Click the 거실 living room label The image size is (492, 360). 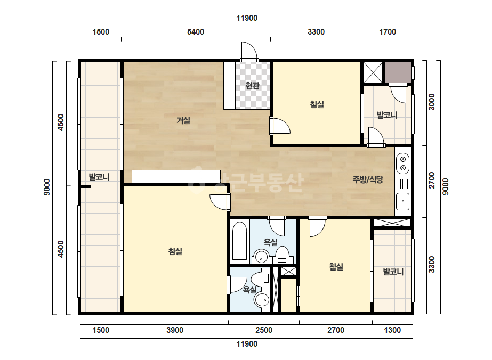click(183, 120)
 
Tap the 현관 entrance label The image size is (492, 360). click(252, 85)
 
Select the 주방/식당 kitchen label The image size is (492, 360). click(368, 179)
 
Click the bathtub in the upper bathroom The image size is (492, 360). click(240, 241)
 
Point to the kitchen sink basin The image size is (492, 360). click(403, 201)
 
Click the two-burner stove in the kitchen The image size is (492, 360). click(403, 163)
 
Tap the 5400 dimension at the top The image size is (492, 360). click(196, 31)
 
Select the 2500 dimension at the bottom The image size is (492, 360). click(264, 330)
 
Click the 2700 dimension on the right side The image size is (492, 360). click(432, 180)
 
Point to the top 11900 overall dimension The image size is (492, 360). click(247, 18)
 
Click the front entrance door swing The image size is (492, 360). click(249, 50)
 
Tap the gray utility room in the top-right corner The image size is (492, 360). click(398, 72)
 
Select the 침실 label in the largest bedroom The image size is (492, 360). click(175, 251)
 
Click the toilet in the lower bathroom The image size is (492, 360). click(261, 279)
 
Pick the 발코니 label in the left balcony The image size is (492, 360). click(99, 177)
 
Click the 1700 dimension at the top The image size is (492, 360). click(388, 31)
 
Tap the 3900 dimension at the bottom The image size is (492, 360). click(175, 330)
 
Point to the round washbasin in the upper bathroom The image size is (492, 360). click(261, 257)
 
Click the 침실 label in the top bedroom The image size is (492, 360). click(317, 104)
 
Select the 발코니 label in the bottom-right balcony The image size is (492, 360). click(393, 272)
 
